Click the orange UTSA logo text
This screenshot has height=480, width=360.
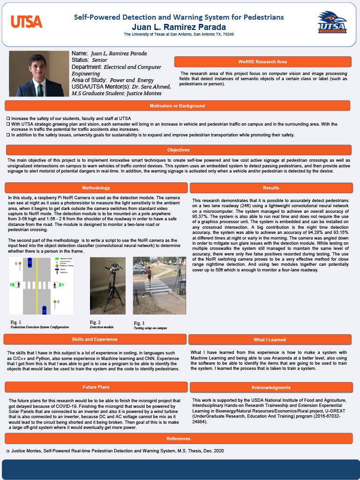click(x=26, y=22)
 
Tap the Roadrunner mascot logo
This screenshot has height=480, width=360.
click(x=332, y=22)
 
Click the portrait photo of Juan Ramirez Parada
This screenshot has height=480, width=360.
click(x=39, y=74)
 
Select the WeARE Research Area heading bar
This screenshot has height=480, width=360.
click(x=262, y=62)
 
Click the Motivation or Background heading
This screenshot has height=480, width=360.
click(x=177, y=106)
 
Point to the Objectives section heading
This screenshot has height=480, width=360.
click(x=178, y=150)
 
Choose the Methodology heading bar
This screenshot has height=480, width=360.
click(x=96, y=188)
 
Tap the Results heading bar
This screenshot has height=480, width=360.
click(x=271, y=188)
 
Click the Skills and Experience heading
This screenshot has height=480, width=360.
click(x=95, y=339)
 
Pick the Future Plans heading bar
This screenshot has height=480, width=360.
click(x=96, y=387)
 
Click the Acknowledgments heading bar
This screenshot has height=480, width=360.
click(x=271, y=388)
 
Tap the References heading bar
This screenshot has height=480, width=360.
click(x=178, y=438)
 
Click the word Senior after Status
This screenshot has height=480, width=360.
click(x=99, y=60)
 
